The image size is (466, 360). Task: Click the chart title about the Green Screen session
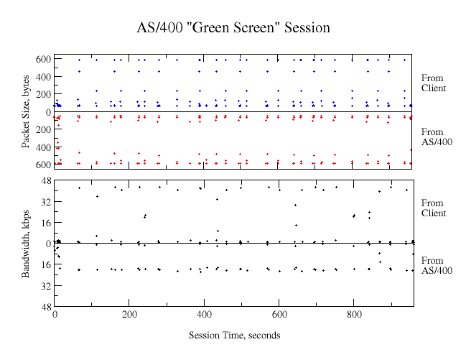tap(233, 28)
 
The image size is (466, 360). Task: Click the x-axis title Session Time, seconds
tap(234, 335)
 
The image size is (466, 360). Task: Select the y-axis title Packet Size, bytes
tap(26, 112)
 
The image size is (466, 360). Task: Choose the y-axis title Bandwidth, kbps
tap(26, 243)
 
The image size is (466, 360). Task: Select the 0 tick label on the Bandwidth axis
tap(47, 244)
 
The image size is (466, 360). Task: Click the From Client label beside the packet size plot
tap(433, 83)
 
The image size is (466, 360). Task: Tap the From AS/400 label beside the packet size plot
tap(436, 137)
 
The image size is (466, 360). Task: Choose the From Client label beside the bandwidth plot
tap(433, 208)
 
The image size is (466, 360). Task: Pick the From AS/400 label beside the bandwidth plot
tap(436, 265)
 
